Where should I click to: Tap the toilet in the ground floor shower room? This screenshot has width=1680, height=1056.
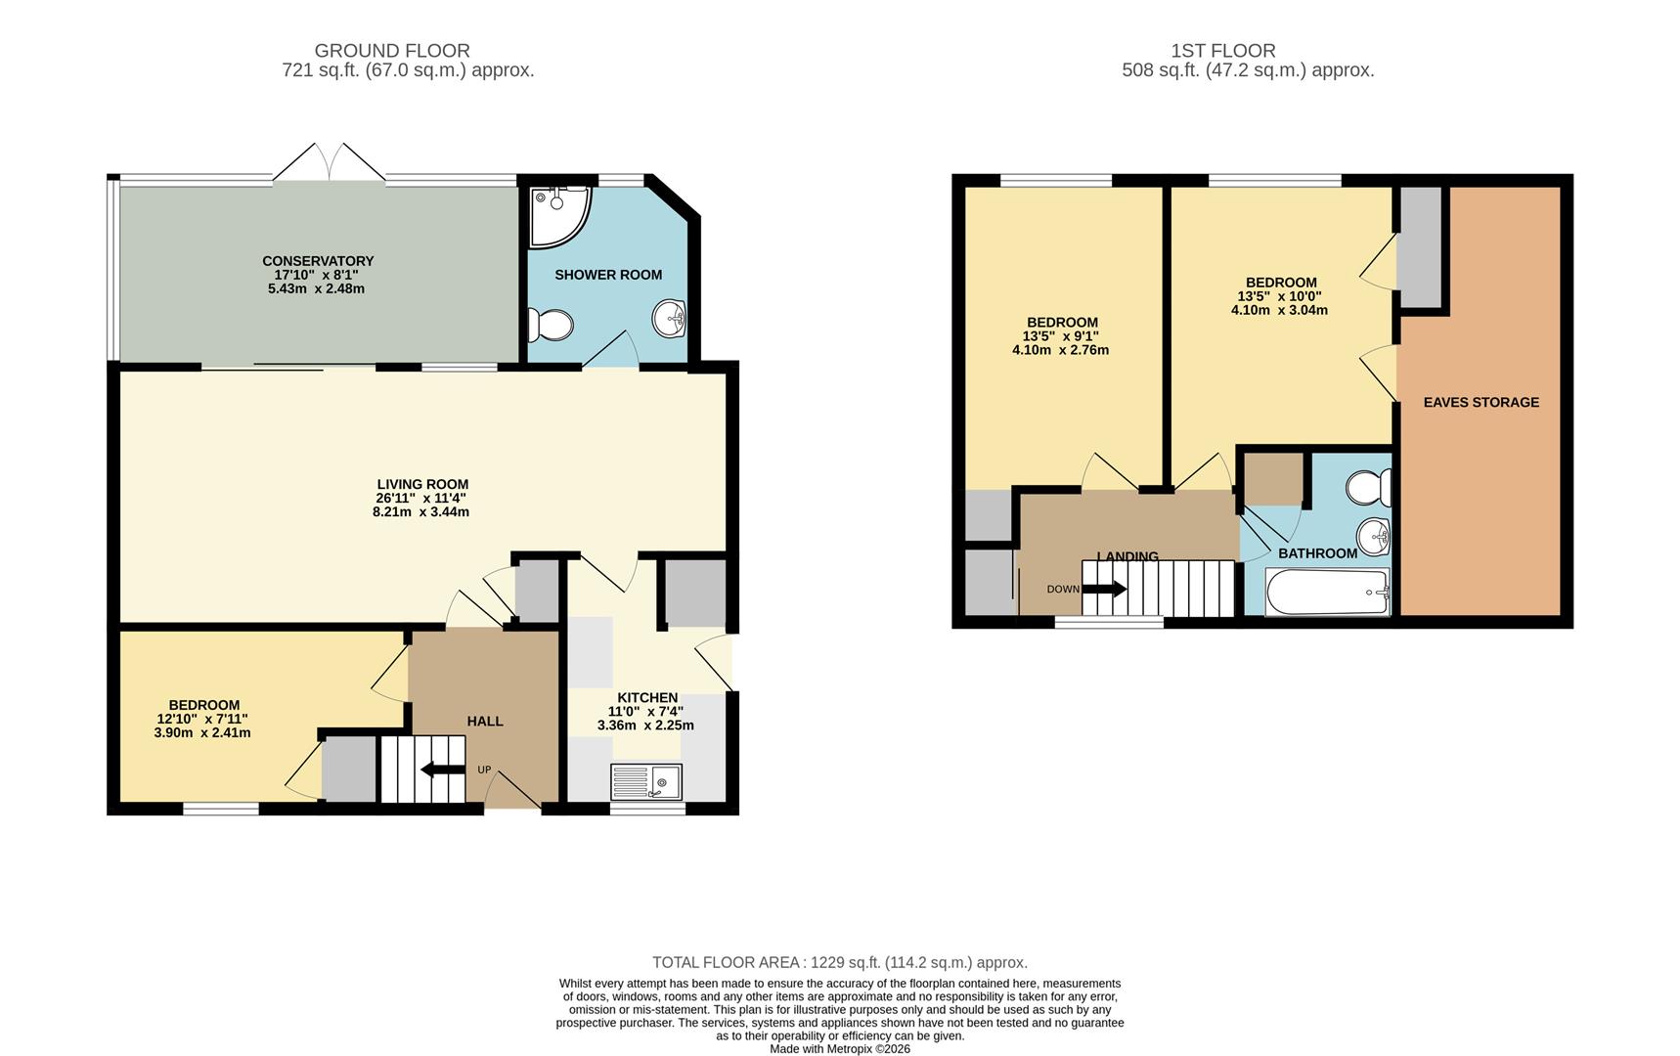click(550, 324)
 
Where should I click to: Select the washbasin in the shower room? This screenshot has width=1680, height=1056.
click(670, 317)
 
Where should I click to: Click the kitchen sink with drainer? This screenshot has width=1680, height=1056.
click(646, 782)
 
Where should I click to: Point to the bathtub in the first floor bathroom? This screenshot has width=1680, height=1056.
click(1327, 592)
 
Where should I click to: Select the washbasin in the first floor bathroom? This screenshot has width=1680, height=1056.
click(1374, 536)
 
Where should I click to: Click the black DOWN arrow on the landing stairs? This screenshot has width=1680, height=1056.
click(1104, 589)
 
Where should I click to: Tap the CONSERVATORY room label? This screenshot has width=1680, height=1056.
click(318, 261)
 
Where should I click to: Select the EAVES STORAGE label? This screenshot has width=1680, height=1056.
click(1481, 402)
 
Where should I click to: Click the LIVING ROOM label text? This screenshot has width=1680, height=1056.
click(422, 484)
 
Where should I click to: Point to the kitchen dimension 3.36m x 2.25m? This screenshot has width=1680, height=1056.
click(645, 726)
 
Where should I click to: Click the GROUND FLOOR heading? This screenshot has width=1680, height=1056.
click(392, 51)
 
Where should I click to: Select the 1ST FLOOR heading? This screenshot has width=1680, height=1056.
click(1223, 51)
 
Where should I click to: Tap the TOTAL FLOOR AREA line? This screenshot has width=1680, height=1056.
click(840, 963)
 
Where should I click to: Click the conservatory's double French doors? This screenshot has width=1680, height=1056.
click(330, 162)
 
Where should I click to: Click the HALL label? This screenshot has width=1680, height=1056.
click(485, 722)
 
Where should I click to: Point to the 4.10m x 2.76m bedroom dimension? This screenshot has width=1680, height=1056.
click(1061, 350)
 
